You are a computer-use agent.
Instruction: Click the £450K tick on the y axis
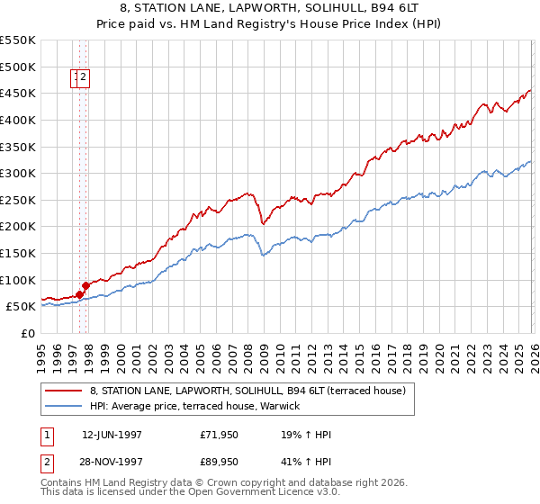tap(18, 93)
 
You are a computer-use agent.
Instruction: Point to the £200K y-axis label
tap(18, 227)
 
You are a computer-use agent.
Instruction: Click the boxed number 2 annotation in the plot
tap(83, 78)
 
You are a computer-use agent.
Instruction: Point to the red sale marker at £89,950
tap(86, 285)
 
